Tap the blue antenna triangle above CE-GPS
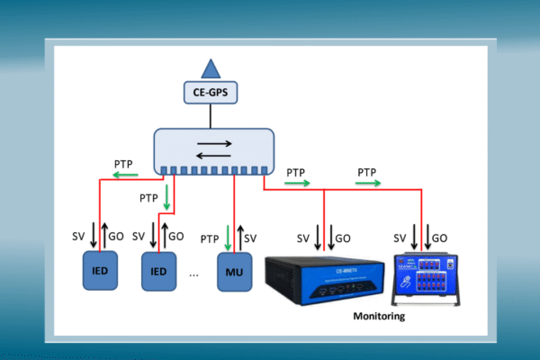tap(211, 68)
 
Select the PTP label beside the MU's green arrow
tap(210, 238)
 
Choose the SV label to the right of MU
tap(251, 238)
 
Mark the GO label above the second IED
tap(177, 237)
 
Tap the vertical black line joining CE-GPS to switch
tap(211, 115)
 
